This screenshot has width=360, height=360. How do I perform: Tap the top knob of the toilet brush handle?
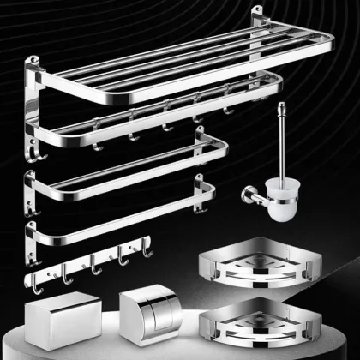279,107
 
